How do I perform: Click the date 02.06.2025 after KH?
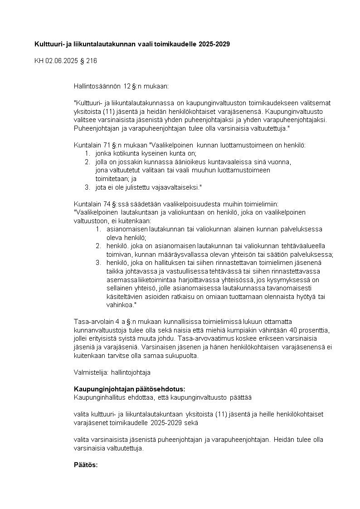pyautogui.click(x=61, y=60)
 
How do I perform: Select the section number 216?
pyautogui.click(x=91, y=60)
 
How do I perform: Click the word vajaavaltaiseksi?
pyautogui.click(x=175, y=187)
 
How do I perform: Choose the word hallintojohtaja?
pyautogui.click(x=131, y=372)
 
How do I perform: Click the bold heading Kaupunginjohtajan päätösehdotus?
pyautogui.click(x=129, y=389)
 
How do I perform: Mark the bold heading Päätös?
pyautogui.click(x=86, y=465)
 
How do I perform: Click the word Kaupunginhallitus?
pyautogui.click(x=99, y=397)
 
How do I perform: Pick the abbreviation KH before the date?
pyautogui.click(x=39, y=60)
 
